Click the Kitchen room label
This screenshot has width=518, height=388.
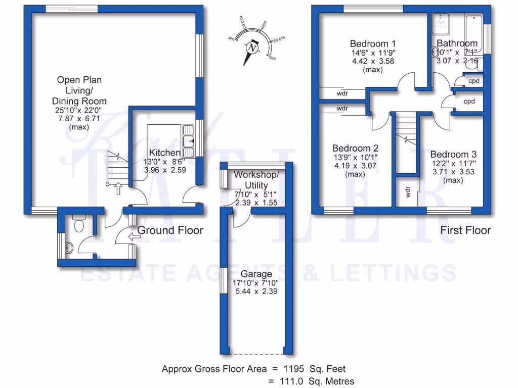pyautogui.click(x=164, y=153)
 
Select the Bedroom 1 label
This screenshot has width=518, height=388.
pyautogui.click(x=373, y=43)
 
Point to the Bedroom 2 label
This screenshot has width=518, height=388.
pyautogui.click(x=355, y=149)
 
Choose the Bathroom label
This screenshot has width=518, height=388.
pyautogui.click(x=457, y=43)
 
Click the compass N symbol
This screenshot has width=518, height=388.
pyautogui.click(x=252, y=48)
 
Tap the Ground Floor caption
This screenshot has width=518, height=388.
pyautogui.click(x=170, y=230)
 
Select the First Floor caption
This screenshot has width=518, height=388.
pyautogui.click(x=465, y=230)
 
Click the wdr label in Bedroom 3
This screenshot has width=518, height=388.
pyautogui.click(x=408, y=192)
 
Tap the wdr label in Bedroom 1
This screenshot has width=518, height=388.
pyautogui.click(x=342, y=93)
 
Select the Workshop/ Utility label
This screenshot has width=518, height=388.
pyautogui.click(x=256, y=180)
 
